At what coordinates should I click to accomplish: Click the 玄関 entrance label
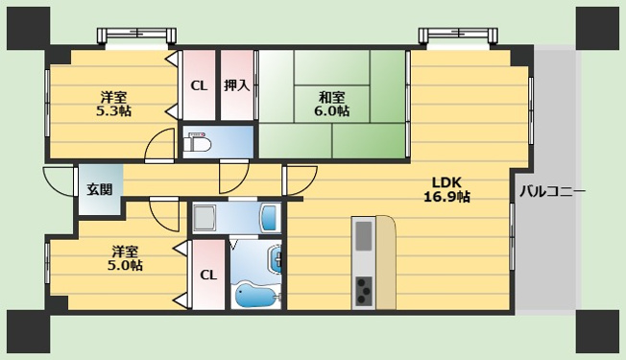pos(100,189)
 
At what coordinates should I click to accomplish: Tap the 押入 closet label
pos(237,85)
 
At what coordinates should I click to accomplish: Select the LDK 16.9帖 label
pos(446,189)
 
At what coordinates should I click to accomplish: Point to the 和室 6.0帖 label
pos(332,104)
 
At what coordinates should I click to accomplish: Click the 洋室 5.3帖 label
pos(114,104)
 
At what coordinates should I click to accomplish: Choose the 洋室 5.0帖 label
pos(125,258)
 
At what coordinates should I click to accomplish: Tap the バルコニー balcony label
pos(552,192)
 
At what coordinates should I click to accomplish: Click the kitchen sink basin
pos(363,235)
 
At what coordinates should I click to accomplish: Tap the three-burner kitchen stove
pos(363,290)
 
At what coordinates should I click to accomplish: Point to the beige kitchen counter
pos(386,262)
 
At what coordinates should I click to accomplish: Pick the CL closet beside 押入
pos(199,85)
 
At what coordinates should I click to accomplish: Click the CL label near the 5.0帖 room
pos(208,275)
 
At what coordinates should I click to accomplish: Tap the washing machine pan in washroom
pos(205,219)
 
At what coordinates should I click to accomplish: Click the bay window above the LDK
pos(458,36)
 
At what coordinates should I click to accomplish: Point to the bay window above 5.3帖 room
pos(137,36)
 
